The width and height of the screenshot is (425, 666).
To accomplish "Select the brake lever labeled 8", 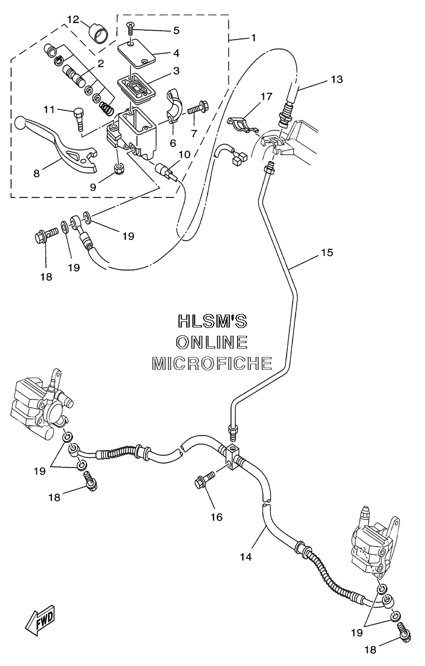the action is [x=60, y=143].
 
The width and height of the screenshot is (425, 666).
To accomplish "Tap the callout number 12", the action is [x=73, y=19].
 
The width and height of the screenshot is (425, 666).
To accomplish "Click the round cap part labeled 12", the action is [x=97, y=32].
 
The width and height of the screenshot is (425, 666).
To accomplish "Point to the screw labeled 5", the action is [x=130, y=29].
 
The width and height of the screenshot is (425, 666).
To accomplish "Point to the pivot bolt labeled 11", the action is [x=79, y=115].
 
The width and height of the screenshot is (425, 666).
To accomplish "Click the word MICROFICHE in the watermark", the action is [x=212, y=363].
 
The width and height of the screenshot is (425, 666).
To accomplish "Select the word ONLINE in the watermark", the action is [x=212, y=342].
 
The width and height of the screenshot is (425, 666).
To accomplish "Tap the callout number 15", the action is [x=327, y=253].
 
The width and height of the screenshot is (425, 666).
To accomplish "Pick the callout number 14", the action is [x=246, y=557].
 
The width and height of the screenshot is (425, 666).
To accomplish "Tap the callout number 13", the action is [x=337, y=79].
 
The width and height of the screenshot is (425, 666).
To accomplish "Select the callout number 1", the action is [x=253, y=38].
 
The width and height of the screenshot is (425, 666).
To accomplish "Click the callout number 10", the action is [x=184, y=154].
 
